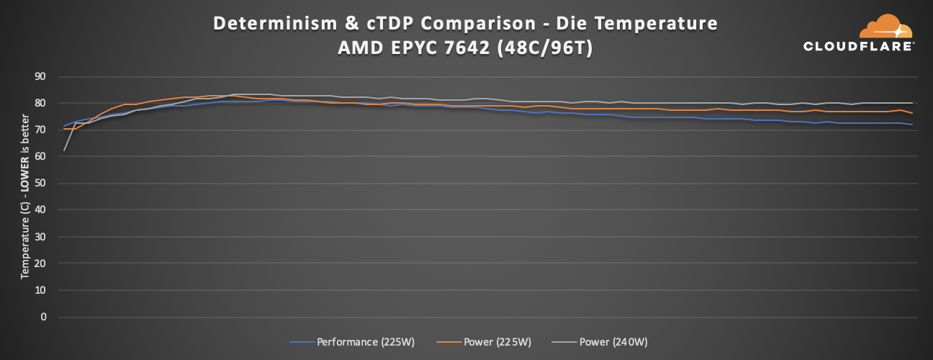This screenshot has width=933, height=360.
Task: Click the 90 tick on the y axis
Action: tap(40, 76)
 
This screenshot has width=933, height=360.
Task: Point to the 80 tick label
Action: tap(40, 103)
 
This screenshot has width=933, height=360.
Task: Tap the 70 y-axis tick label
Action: tap(40, 130)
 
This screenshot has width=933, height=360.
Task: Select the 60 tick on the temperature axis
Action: tap(40, 156)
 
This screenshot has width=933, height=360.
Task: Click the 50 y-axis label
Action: tap(40, 183)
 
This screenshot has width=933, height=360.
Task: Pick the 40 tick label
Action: tap(40, 210)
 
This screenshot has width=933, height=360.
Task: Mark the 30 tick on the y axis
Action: tap(40, 237)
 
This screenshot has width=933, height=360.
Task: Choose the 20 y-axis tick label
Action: tap(40, 264)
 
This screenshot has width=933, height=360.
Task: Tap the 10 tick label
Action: tap(40, 290)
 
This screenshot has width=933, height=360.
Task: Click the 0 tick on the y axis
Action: tap(43, 317)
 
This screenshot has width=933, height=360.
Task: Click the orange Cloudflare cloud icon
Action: tap(885, 27)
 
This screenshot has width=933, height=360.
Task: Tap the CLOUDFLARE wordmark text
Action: tap(859, 46)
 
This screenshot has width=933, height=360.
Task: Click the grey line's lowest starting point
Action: tap(64, 150)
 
